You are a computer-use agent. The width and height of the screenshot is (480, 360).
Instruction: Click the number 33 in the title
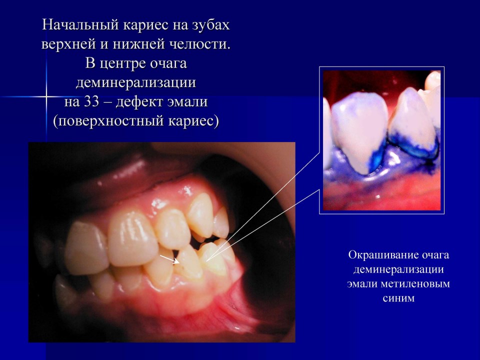[x=91, y=102]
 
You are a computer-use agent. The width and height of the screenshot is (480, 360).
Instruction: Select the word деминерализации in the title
[x=136, y=82]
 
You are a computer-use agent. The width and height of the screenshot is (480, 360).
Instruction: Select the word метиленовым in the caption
[x=415, y=284]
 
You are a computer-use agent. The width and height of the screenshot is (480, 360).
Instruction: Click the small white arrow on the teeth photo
[x=169, y=259]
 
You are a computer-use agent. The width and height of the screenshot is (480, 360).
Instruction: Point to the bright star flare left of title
[x=46, y=96]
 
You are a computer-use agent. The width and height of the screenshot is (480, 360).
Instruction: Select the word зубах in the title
[x=211, y=25]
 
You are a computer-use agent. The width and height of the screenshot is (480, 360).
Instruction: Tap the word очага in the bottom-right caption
[x=434, y=255]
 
